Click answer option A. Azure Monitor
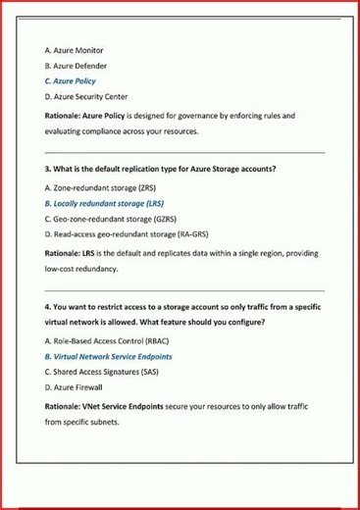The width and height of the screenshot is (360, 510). [75, 49]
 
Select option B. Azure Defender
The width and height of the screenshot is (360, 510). [77, 65]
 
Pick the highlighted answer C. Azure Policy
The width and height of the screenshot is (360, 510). [71, 80]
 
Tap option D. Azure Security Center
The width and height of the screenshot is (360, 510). [86, 97]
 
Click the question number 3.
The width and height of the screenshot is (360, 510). [47, 169]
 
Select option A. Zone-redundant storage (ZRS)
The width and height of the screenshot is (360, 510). [100, 186]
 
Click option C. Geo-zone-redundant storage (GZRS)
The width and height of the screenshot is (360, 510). [112, 219]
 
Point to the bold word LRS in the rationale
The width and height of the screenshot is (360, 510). [88, 253]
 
